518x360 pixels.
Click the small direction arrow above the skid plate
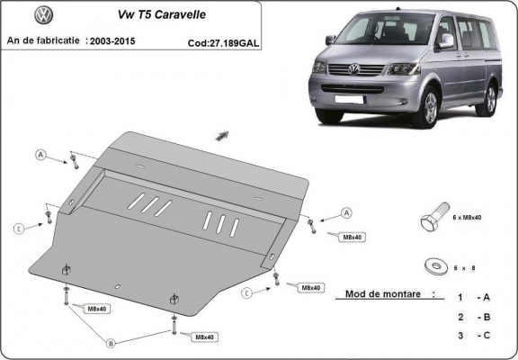[x=221, y=135]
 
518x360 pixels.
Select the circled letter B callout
[x=111, y=343]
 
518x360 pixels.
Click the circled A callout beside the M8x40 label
[x=345, y=213]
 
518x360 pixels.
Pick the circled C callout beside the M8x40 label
[x=245, y=292]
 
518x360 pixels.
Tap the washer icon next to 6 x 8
[x=434, y=265]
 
